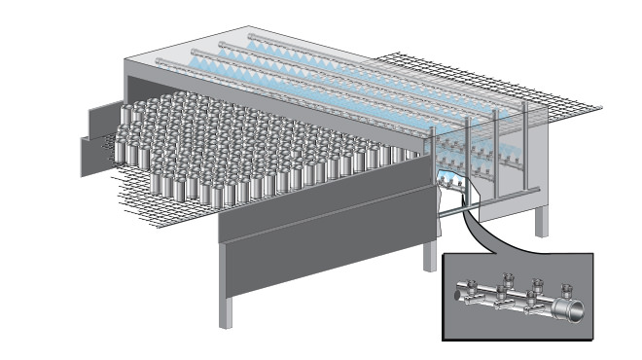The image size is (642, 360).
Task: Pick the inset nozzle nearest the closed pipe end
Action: [x=470, y=287]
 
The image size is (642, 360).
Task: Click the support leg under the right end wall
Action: [x=541, y=218]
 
